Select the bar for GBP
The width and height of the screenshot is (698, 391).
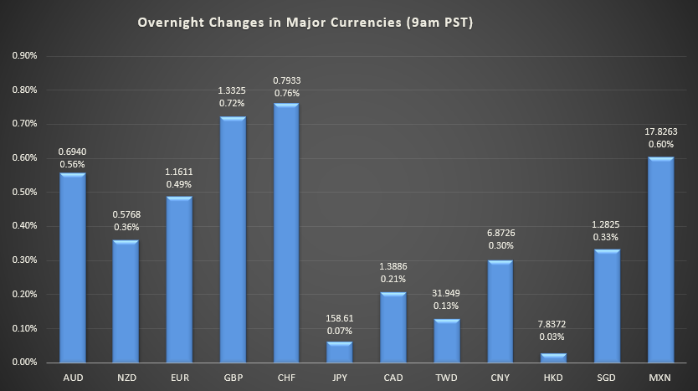232,239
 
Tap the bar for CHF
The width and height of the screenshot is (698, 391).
285,233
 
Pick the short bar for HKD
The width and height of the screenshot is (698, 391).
553,358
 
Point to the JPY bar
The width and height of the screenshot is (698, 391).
339,352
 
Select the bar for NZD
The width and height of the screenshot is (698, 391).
125,301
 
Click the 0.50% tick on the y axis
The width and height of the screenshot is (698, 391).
25,192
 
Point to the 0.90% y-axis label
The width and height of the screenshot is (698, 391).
25,55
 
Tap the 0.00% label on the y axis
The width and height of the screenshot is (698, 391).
25,363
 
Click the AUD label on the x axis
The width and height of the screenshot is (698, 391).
72,378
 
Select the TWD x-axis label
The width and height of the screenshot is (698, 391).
446,378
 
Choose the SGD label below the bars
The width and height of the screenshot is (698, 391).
607,378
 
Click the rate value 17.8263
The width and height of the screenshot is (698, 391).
660,131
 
